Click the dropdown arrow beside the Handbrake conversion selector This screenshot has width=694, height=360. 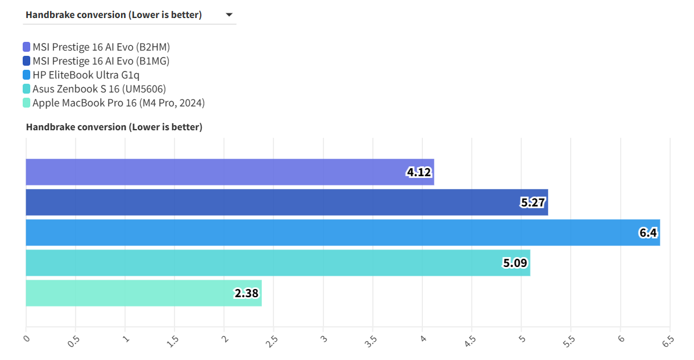[229, 15]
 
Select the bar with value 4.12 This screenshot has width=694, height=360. [230, 172]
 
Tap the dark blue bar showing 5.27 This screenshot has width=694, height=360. [287, 202]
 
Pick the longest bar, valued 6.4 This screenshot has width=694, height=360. [343, 233]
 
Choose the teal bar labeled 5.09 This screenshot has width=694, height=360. [278, 263]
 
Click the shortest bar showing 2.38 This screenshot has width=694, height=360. [144, 293]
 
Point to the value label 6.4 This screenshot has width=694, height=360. [647, 233]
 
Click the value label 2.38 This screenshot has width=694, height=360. [247, 294]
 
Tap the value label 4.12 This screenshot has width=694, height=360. [419, 173]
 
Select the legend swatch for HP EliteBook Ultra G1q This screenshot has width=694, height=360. [27, 75]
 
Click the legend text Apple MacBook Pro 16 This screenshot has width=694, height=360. [119, 103]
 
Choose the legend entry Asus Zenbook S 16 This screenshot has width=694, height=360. [99, 89]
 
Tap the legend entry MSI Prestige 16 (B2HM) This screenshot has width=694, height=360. [101, 47]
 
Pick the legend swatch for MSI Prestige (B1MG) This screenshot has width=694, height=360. [27, 61]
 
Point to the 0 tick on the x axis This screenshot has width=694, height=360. [26, 338]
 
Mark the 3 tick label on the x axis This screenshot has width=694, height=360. [323, 338]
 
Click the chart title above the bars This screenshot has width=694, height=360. [114, 127]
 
